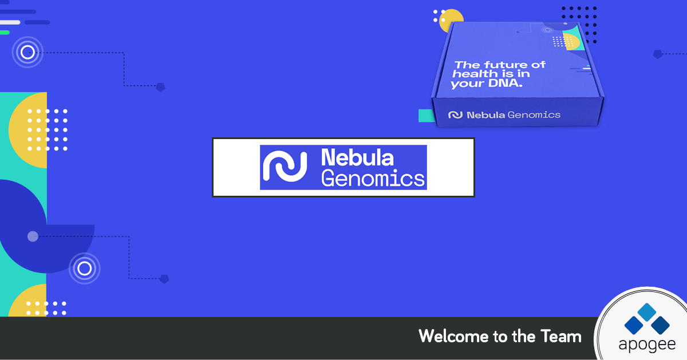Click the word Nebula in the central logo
357,157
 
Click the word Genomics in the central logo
373,178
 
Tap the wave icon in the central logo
285,166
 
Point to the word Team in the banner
561,336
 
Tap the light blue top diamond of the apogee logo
647,312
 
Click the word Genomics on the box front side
534,115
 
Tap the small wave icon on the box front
456,115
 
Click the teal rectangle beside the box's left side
427,116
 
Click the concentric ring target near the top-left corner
27,52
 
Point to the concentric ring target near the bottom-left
84,268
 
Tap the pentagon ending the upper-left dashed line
161,87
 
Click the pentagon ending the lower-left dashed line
164,279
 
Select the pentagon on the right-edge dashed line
658,54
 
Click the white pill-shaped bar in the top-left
10,22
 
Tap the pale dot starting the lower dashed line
33,236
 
